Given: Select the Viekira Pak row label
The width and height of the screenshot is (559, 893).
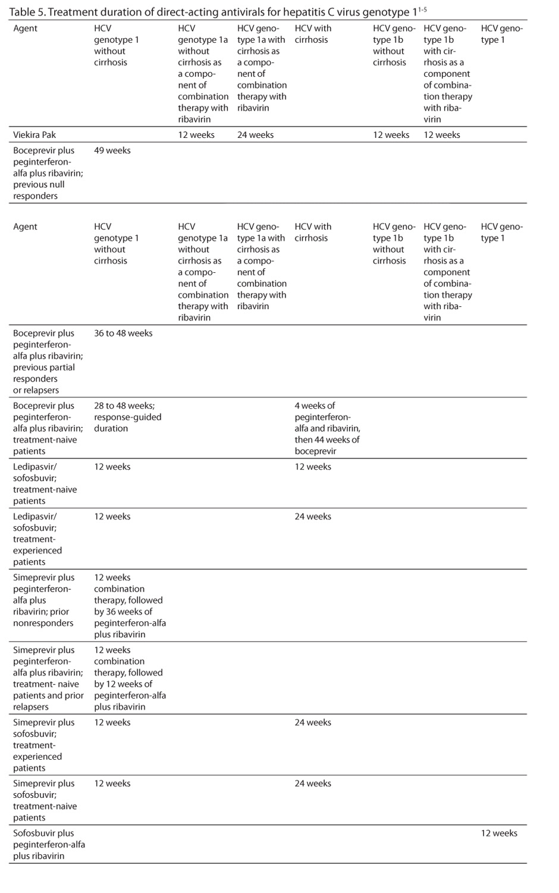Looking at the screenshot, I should pos(34,134).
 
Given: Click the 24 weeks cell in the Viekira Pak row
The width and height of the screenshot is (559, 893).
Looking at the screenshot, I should pos(255,134).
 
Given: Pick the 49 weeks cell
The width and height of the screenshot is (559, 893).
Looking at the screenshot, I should pos(112,150).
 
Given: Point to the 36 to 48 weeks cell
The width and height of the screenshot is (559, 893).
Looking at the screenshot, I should pos(123,333).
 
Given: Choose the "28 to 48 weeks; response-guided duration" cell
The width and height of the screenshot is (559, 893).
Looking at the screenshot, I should pos(127,417).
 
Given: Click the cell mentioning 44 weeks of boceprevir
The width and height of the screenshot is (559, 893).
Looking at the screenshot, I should pos(327,428).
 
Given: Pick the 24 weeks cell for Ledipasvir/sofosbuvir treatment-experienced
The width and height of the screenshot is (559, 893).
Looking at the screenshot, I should pos(313,516).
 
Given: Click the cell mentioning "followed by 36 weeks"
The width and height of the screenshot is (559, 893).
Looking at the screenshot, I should pos(130,606).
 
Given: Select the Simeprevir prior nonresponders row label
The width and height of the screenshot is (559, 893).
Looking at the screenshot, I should pos(44,600).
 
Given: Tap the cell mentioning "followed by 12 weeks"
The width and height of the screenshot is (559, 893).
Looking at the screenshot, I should pos(130,678).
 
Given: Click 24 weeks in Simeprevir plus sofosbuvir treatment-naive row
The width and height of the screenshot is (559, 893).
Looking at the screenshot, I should pos(313,783).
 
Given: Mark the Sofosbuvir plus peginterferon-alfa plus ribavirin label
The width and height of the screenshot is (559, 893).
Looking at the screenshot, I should pos(49,844).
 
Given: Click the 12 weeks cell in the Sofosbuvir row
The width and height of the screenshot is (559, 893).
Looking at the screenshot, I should pos(499,833).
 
